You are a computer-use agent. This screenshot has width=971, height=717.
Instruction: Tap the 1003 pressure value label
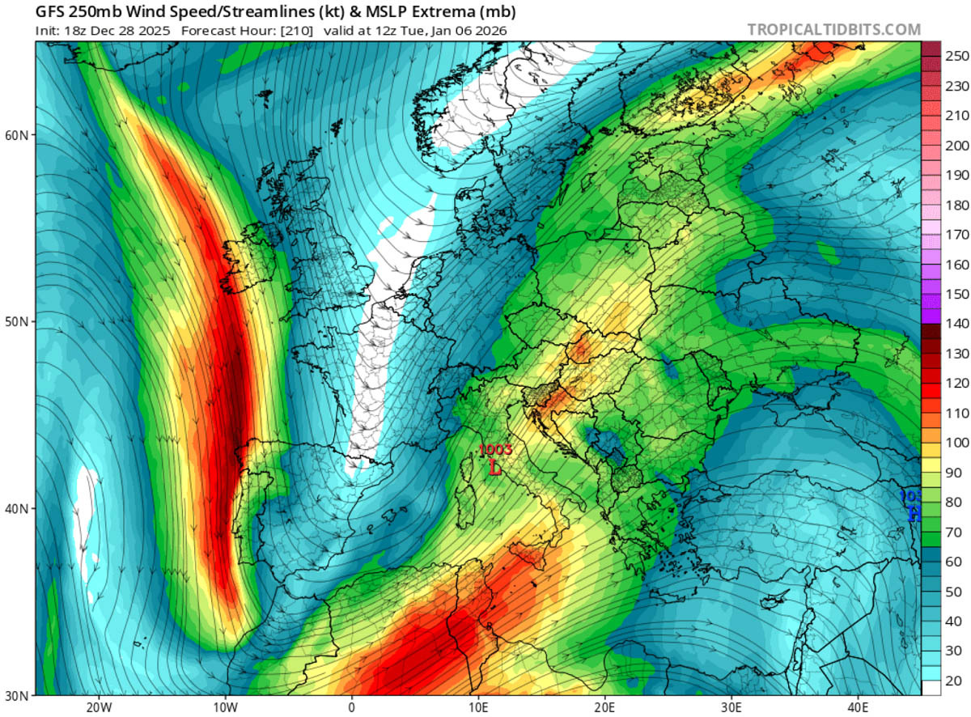[x=494, y=450]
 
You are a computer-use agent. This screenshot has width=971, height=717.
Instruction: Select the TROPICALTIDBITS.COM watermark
[x=833, y=30]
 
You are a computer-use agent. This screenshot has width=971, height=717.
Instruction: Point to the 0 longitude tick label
[x=352, y=706]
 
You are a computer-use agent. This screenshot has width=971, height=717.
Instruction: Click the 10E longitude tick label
[x=478, y=706]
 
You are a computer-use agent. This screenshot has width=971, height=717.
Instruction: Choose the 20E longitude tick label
[x=605, y=706]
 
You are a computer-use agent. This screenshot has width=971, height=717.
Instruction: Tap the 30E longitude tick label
[x=731, y=706]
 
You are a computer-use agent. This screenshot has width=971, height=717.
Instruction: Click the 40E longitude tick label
[x=859, y=706]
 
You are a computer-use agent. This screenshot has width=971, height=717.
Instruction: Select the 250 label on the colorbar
[x=946, y=56]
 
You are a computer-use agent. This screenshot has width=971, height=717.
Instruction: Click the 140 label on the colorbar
[x=946, y=324]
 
